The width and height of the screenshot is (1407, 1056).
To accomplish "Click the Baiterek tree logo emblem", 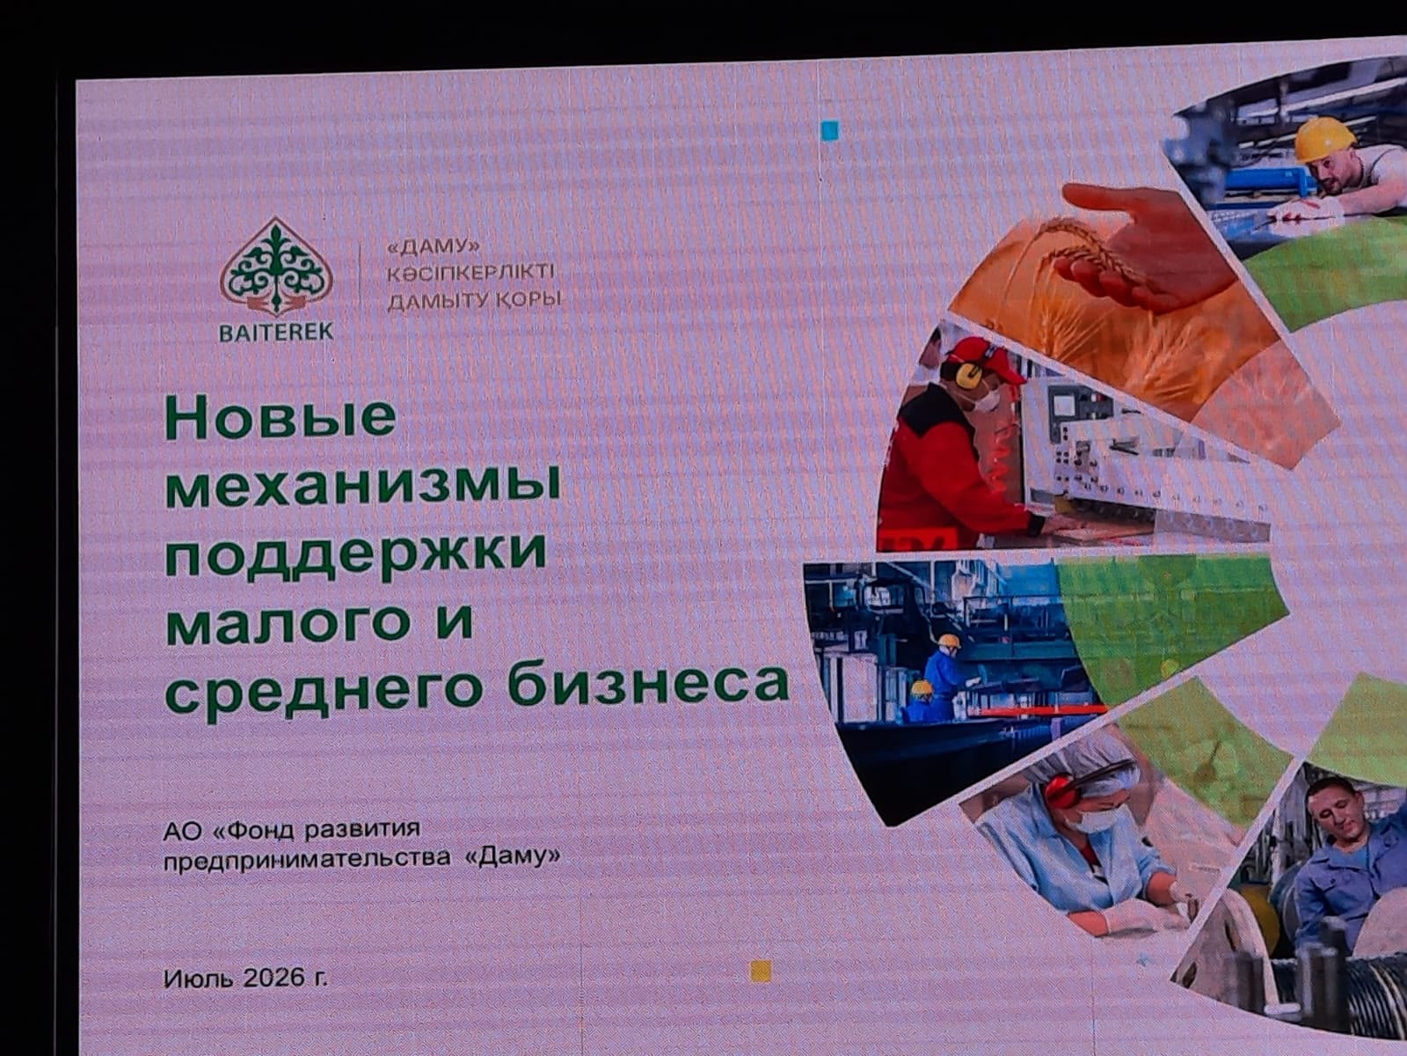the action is (x=276, y=267).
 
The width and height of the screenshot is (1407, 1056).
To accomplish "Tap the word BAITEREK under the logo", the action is (x=276, y=332).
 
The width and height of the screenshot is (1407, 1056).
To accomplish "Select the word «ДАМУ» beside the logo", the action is (x=434, y=246).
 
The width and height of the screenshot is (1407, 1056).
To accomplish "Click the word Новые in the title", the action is (x=281, y=419).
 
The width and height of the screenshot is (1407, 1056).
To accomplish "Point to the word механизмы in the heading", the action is (x=363, y=486).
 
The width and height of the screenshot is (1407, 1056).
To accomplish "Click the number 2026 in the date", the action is (x=274, y=978).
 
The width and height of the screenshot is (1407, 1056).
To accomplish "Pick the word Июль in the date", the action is (x=200, y=978).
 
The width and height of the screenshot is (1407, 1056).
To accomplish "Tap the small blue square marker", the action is (x=829, y=131).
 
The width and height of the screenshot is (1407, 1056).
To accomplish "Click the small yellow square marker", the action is (x=761, y=972).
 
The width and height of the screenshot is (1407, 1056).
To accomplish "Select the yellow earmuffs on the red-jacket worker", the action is (x=966, y=372).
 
